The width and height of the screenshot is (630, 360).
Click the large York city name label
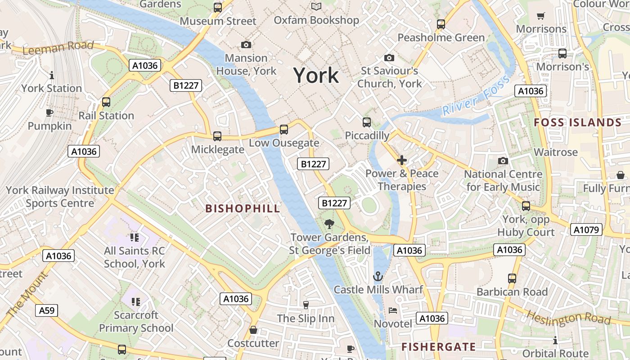tap(316, 75)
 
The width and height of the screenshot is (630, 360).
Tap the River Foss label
tap(476, 96)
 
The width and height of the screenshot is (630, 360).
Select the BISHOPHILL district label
tap(243, 208)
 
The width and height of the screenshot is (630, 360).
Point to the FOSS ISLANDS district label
tap(577, 122)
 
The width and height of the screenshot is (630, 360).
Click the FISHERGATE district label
tap(438, 346)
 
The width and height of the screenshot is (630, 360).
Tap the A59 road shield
tap(46, 310)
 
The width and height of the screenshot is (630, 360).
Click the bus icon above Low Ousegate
tap(283, 130)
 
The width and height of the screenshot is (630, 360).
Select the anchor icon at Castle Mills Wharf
tap(378, 276)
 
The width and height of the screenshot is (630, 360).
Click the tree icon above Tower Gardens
tap(329, 224)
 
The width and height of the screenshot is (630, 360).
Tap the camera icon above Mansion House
tap(246, 45)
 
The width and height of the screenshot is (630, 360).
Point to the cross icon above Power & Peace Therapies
tap(401, 160)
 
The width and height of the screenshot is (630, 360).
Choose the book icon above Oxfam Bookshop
tap(316, 6)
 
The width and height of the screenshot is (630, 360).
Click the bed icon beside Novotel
tap(393, 310)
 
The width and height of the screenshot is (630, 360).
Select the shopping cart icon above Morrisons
tap(541, 16)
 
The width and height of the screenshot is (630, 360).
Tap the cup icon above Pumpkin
tap(49, 112)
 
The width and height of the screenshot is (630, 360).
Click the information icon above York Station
tap(52, 75)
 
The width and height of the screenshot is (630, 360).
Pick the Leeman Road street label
tap(58, 47)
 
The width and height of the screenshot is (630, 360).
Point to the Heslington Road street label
tap(568, 318)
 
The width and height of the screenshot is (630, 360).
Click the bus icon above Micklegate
tap(217, 136)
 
